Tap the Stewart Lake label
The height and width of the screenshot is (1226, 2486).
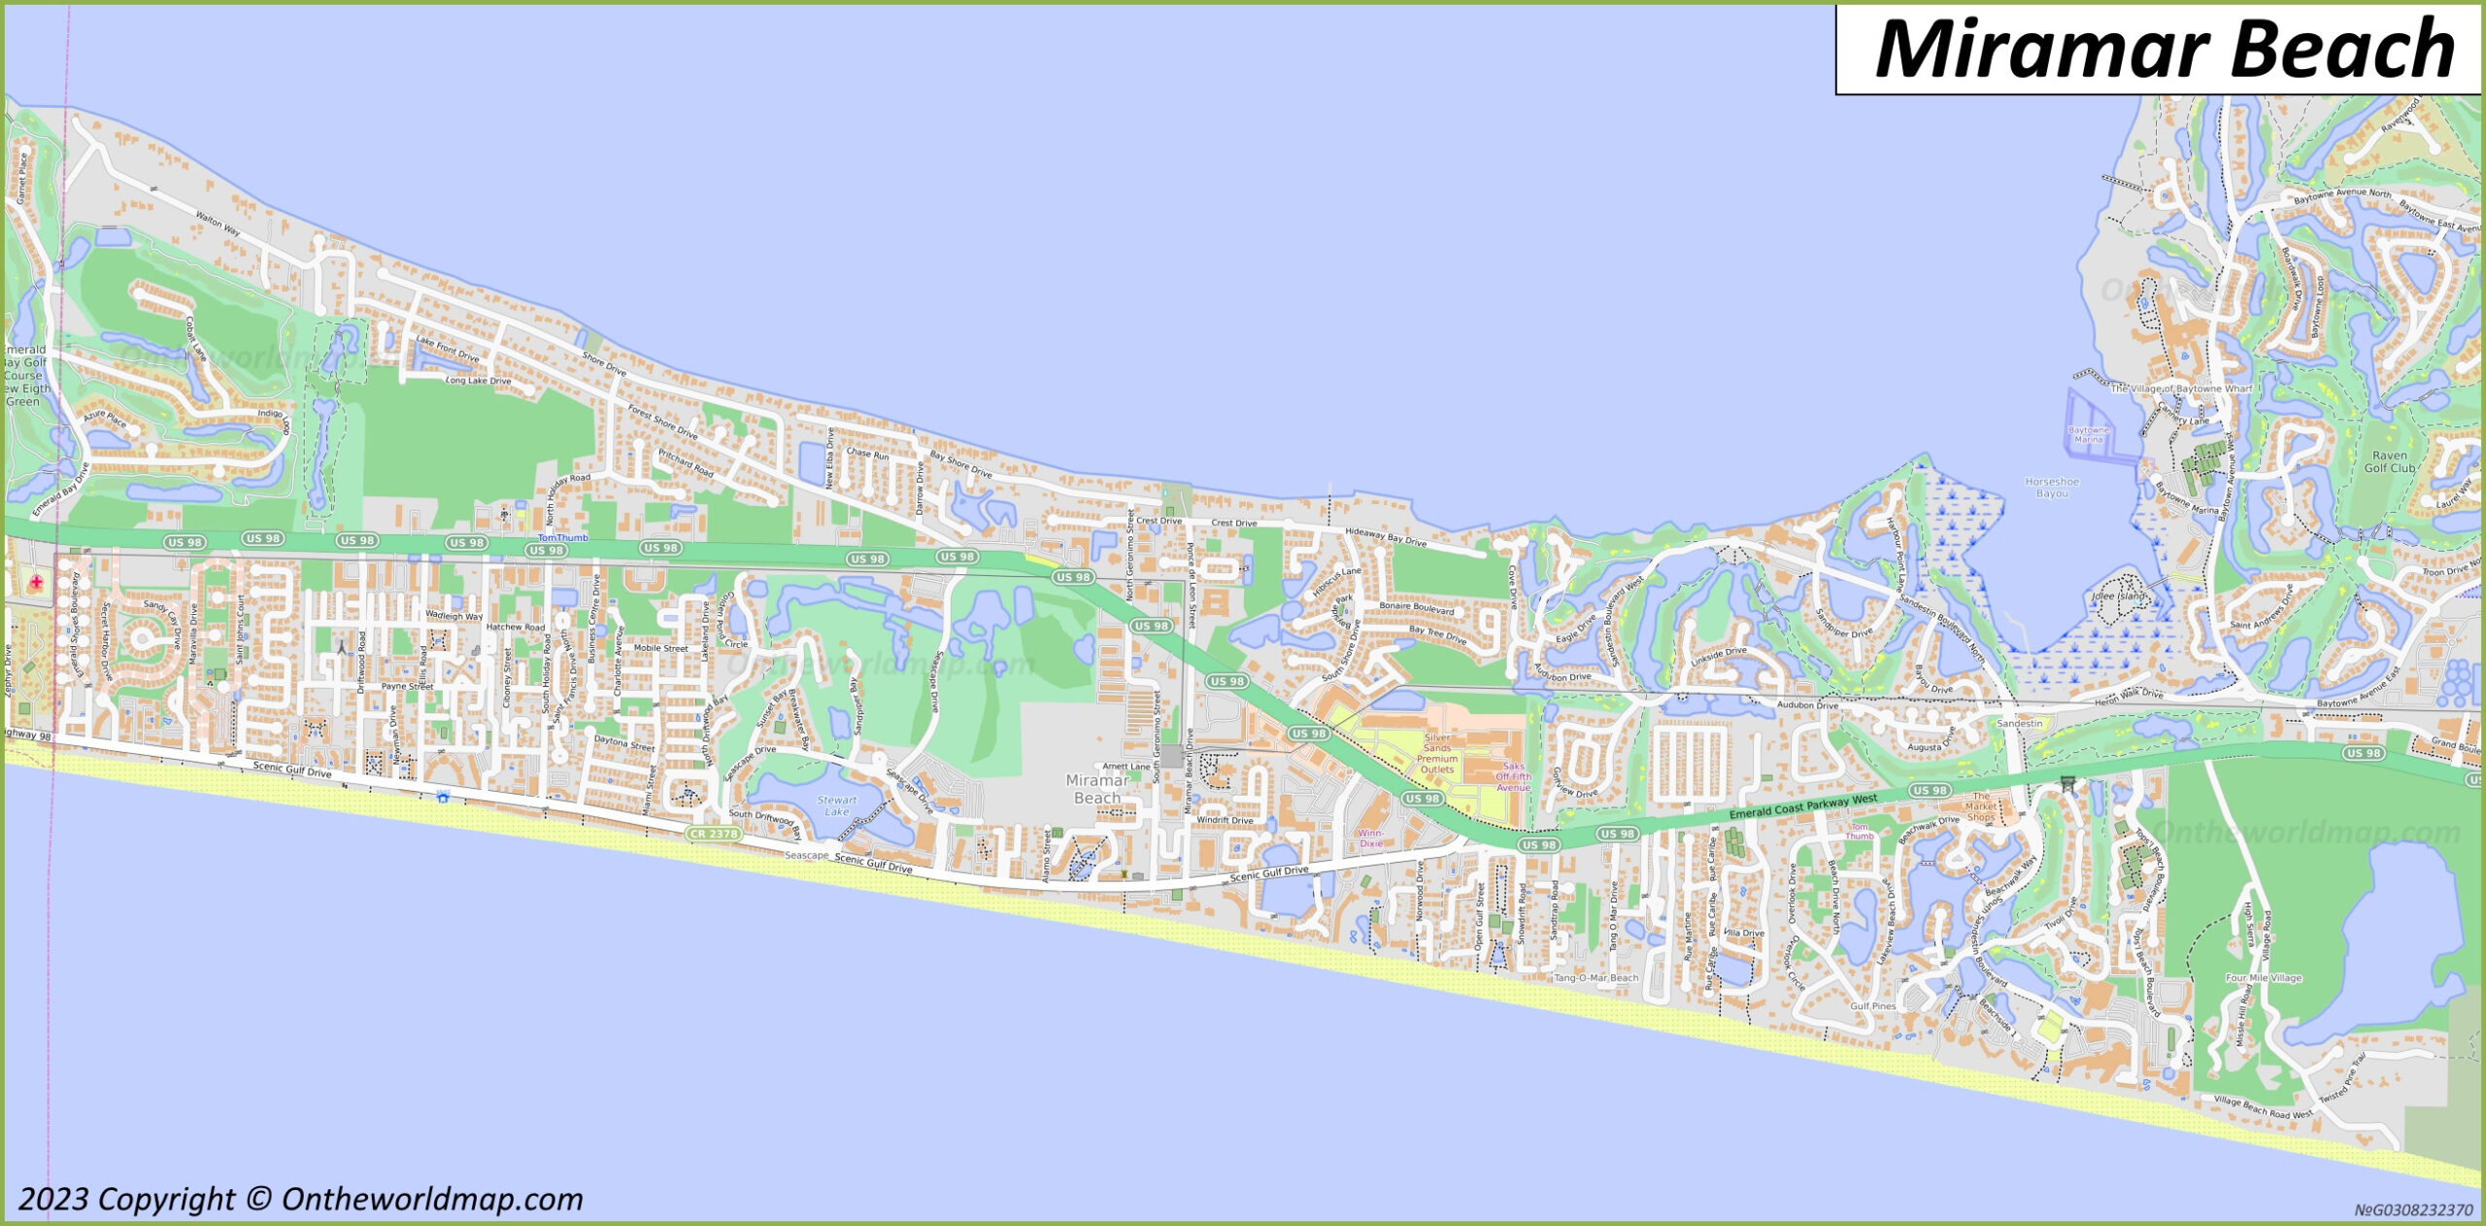[x=836, y=806]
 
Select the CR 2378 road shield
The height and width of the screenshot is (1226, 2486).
[x=714, y=834]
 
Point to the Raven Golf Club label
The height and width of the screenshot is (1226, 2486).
[x=2389, y=461]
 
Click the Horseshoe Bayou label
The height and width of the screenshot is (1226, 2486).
[x=2052, y=488]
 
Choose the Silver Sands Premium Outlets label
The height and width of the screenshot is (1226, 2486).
[x=1437, y=753]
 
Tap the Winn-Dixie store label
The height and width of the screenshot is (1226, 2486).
[x=1370, y=838]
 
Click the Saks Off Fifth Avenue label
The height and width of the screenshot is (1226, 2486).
[x=1513, y=776]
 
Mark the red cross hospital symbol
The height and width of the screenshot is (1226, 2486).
[x=36, y=582]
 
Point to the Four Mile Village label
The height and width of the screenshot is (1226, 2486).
[x=2264, y=978]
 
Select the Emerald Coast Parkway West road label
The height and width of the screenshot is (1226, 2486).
[x=1804, y=805]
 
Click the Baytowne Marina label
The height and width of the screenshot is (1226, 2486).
[x=2089, y=434]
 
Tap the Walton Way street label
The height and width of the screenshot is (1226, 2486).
[x=218, y=223]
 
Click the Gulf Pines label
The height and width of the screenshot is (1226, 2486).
[x=1873, y=1006]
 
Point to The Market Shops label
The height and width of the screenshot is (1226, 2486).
[x=1981, y=806]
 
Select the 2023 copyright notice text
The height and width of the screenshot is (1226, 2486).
[x=301, y=1200]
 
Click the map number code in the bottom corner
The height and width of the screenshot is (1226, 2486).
[x=2412, y=1209]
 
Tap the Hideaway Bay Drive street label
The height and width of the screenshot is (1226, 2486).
[x=1386, y=535]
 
